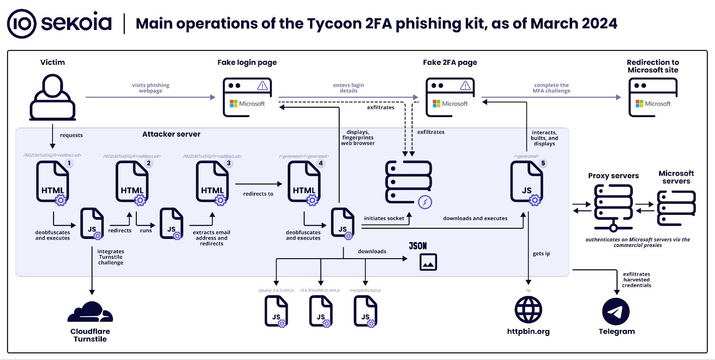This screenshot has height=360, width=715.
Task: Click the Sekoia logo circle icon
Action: (x=21, y=24)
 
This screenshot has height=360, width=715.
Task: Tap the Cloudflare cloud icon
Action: (x=90, y=312)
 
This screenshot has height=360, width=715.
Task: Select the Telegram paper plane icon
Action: (x=616, y=311)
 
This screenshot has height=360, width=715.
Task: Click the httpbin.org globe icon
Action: (x=528, y=310)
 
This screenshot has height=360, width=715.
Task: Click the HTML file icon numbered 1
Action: (x=53, y=182)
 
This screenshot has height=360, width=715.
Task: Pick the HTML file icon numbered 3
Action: (x=212, y=182)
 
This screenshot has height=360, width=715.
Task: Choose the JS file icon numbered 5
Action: (x=527, y=182)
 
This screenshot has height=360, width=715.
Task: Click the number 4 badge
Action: (x=320, y=163)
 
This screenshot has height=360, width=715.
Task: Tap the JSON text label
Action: (x=418, y=246)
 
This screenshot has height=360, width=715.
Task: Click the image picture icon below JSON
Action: (x=428, y=262)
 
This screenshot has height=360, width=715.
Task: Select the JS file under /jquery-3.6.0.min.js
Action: (x=276, y=311)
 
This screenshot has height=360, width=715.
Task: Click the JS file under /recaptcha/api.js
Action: (x=365, y=311)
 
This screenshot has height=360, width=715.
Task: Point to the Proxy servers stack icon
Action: (x=613, y=206)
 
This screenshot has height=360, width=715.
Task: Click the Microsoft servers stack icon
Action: (x=676, y=207)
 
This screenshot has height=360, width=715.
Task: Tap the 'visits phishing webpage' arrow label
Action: (x=151, y=88)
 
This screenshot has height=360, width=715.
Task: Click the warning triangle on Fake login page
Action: (x=262, y=85)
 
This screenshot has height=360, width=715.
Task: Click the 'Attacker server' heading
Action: (x=171, y=134)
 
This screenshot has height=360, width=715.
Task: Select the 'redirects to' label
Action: (x=258, y=194)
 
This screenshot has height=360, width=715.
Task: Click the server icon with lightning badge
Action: (x=408, y=182)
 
